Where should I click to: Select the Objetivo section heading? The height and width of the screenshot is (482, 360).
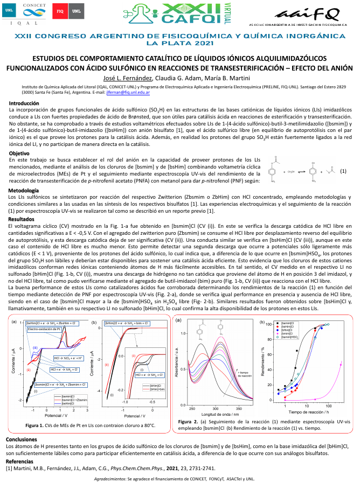coord(19,153)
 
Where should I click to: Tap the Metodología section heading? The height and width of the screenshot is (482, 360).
coord(24,191)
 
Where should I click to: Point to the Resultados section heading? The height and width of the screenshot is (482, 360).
coord(22,219)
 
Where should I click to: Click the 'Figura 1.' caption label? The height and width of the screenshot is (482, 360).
coord(37,425)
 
